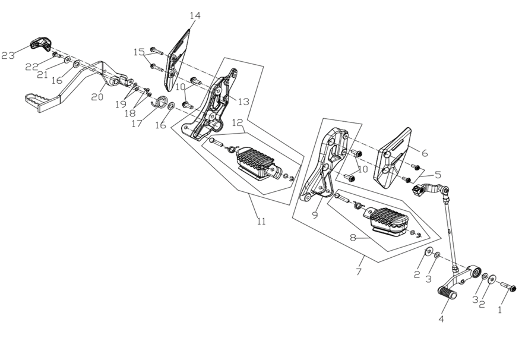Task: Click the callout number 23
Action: tap(8, 56)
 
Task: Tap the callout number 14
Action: tap(195, 15)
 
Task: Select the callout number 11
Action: tap(261, 222)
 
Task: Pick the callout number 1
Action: tap(499, 310)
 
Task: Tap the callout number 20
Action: tap(95, 96)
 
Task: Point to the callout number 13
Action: tap(243, 102)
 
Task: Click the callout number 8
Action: tap(353, 238)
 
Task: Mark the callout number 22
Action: tap(31, 67)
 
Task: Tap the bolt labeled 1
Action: tap(510, 288)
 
